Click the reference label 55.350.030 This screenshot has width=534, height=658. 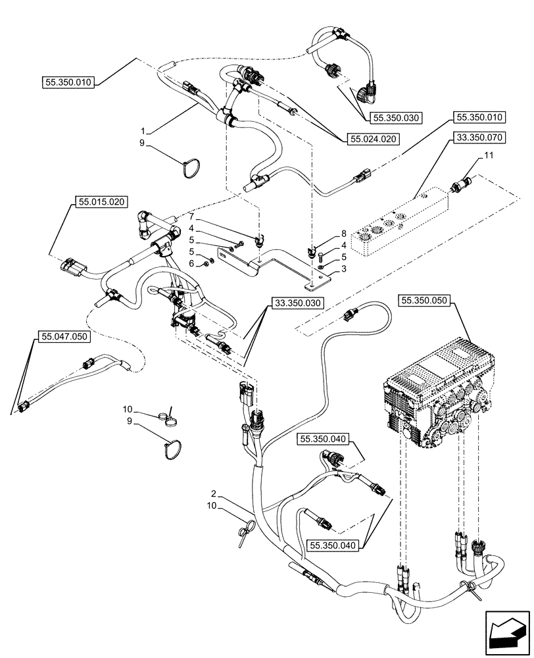[395, 118]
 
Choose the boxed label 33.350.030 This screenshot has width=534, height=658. [297, 303]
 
